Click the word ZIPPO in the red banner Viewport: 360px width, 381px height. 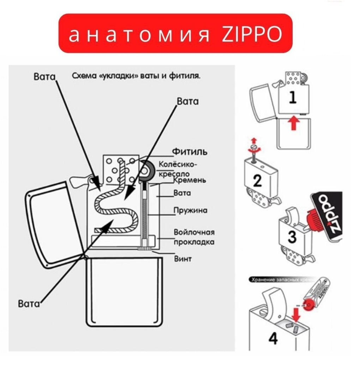[252, 34]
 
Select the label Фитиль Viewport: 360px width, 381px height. [190, 152]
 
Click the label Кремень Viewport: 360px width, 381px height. [190, 180]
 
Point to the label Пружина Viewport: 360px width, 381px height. [190, 211]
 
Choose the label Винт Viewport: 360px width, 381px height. [183, 259]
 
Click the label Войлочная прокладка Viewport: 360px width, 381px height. [194, 237]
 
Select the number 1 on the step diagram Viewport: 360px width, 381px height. [293, 97]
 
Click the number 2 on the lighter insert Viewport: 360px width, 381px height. [257, 181]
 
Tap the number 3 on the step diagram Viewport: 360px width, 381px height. [292, 236]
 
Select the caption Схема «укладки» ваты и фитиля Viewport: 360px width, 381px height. [136, 76]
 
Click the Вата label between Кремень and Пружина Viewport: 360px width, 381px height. [182, 193]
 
